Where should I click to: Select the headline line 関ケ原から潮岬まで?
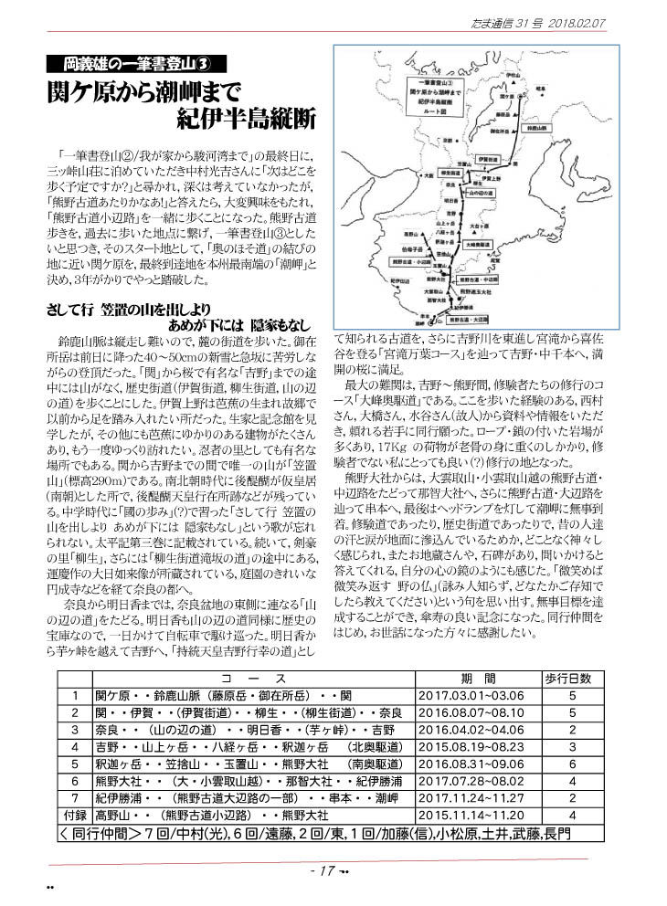149,94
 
